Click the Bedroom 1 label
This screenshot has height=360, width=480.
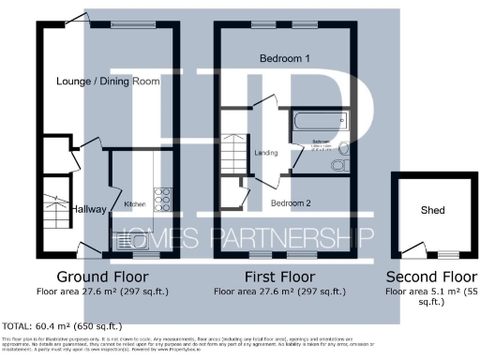[285, 58]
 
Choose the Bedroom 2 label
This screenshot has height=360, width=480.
[291, 202]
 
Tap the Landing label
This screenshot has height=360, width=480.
[266, 153]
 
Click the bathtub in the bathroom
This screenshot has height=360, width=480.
[319, 122]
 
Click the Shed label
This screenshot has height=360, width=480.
[432, 210]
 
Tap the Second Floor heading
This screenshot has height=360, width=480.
[432, 277]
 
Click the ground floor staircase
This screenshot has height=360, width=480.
[52, 214]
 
